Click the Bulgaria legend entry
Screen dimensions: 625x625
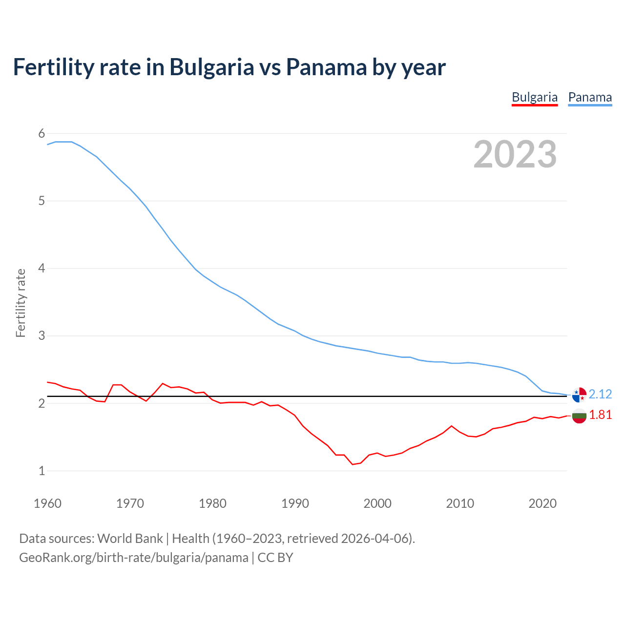coord(535,97)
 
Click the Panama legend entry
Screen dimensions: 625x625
coord(590,97)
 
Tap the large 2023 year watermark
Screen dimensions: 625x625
coord(515,154)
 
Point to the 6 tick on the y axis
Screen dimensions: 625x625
coord(42,133)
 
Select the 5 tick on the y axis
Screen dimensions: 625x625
coord(42,201)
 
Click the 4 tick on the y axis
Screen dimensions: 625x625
coord(42,268)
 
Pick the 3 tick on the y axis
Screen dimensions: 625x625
coord(42,336)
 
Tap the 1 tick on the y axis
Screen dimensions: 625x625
coord(42,471)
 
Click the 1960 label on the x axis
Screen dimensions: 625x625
coord(47,503)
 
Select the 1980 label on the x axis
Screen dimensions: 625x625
coord(212,503)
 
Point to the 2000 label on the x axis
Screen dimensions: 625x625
coord(377,503)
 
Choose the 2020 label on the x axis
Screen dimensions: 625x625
coord(542,503)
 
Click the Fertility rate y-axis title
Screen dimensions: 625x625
coord(21,303)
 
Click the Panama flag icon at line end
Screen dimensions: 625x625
coord(579,395)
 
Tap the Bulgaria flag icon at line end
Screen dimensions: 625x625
coord(579,416)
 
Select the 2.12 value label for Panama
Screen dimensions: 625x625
coord(600,394)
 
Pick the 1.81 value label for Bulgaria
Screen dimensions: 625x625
coord(600,415)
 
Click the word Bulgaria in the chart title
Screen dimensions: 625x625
coord(211,67)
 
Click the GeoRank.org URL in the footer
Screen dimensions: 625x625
coord(133,558)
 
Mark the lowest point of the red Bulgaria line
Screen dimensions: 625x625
coord(353,464)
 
